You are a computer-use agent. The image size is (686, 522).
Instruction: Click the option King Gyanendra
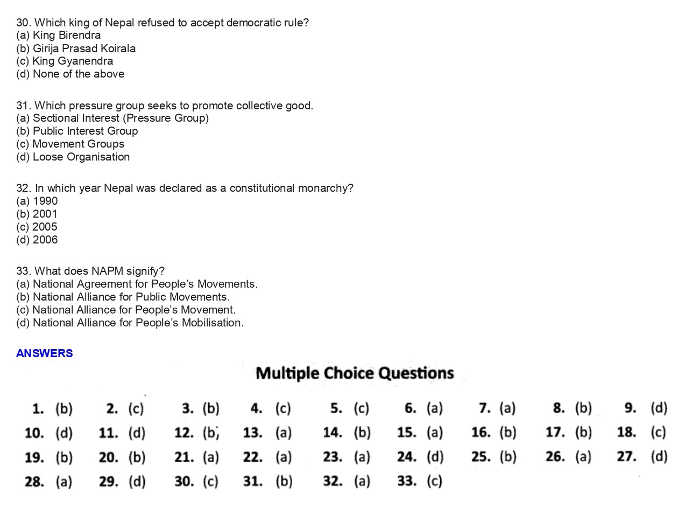tap(65, 61)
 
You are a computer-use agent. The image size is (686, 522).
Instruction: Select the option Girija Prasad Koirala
tap(76, 48)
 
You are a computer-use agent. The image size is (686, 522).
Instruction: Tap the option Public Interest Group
tap(77, 131)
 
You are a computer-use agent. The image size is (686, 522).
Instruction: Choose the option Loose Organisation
tap(73, 157)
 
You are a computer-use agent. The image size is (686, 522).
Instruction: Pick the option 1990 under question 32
tap(37, 201)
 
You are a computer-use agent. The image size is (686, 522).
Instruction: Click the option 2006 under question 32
tap(37, 240)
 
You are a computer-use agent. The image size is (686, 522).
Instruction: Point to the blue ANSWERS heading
tap(44, 353)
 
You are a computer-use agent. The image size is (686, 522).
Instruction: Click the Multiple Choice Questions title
tap(355, 373)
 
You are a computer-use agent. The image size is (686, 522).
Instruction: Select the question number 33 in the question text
tap(23, 271)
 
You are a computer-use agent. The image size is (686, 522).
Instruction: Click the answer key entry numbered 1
tap(52, 408)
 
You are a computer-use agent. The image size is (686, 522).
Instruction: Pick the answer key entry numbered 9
tap(646, 408)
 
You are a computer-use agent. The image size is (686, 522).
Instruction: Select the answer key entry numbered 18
tap(641, 432)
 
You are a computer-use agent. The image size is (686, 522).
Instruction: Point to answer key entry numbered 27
tap(642, 457)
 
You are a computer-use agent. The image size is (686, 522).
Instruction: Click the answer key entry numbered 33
tap(420, 481)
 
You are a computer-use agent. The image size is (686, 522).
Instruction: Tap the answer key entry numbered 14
tap(346, 432)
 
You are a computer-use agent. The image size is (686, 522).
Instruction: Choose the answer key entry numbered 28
tap(48, 481)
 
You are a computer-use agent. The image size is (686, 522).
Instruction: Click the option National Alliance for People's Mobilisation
tap(130, 323)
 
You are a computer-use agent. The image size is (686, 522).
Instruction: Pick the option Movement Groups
tap(70, 144)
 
